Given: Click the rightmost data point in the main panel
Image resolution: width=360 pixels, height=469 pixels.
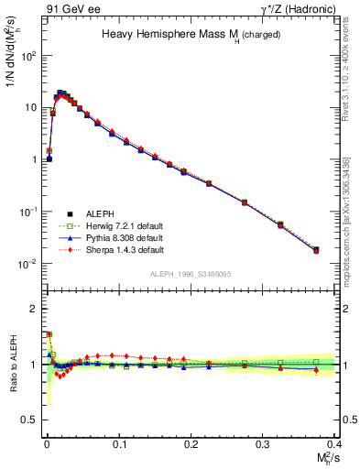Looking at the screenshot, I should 316,249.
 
